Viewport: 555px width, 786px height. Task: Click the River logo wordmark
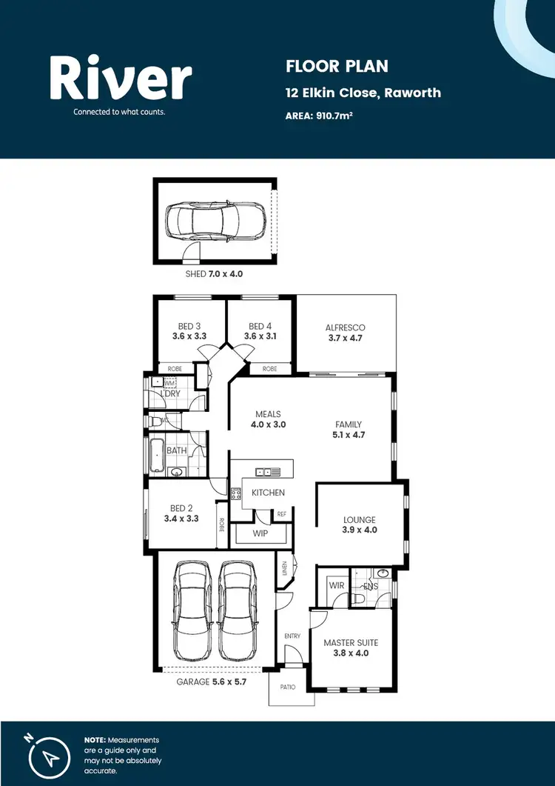[121, 79]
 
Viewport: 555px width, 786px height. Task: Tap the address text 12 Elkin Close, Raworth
[363, 93]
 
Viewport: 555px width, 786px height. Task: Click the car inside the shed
[214, 221]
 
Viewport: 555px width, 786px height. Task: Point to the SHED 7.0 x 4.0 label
[214, 274]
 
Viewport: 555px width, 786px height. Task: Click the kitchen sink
[269, 471]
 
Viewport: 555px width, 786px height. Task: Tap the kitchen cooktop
[237, 493]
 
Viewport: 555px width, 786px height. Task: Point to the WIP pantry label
[259, 533]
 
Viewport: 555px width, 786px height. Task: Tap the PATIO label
[288, 687]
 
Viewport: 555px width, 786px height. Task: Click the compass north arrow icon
[49, 756]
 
